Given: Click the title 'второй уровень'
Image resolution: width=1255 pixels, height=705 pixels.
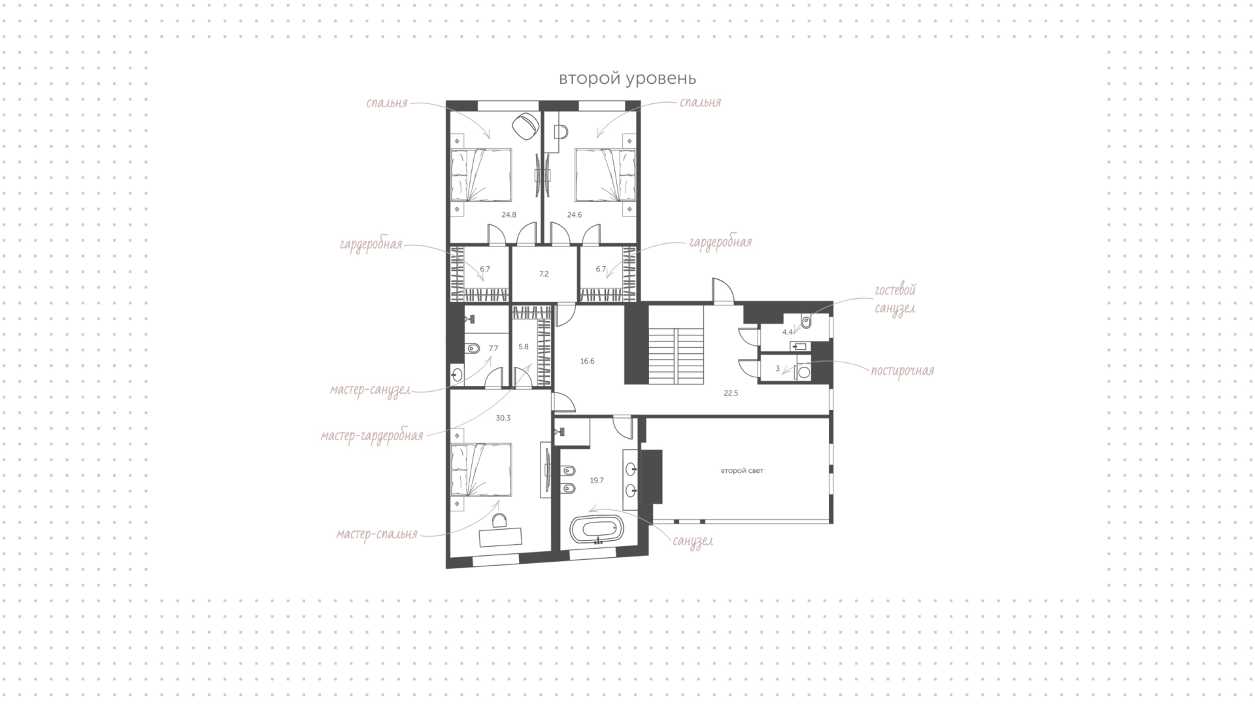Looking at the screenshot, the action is tap(627, 79).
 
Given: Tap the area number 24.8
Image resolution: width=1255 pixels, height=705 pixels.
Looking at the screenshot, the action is tap(509, 215).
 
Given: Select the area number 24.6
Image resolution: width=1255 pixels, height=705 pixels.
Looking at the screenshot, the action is tap(575, 215).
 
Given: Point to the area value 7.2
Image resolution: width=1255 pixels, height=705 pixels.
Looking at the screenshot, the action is tap(544, 274).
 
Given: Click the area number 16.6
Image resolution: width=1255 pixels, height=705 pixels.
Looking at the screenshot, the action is tap(587, 361).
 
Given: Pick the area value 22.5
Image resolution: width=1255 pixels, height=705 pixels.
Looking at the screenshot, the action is tap(731, 393).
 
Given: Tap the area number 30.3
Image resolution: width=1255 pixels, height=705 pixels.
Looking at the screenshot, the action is tap(503, 418).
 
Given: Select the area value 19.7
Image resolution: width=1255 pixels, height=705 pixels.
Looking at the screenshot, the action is tap(597, 480).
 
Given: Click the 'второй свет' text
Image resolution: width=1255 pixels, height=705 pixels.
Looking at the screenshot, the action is tap(742, 471).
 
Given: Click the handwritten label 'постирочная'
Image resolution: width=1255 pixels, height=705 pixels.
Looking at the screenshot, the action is tap(902, 371).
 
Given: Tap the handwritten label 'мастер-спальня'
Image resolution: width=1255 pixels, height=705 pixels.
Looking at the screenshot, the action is tap(376, 534).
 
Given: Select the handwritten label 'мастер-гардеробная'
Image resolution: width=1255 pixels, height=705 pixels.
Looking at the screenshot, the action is tap(372, 436).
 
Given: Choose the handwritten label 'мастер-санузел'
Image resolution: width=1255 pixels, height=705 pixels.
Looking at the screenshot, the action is tap(370, 390).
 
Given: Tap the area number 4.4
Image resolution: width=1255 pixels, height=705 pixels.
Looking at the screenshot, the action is tap(788, 332).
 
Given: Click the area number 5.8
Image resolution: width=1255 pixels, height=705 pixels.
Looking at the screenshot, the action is tap(524, 347).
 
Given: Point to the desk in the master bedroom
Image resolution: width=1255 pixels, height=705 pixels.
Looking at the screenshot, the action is tap(501, 538).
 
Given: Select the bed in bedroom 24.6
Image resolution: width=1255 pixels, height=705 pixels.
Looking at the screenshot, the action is tap(605, 175).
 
